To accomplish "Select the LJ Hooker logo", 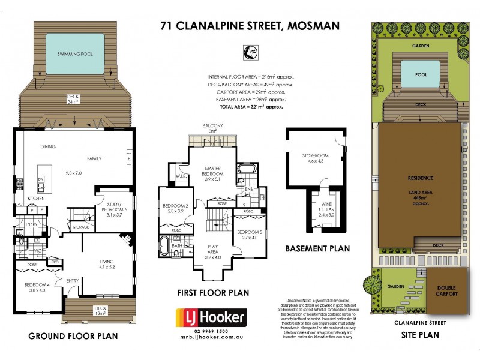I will [x=209, y=317].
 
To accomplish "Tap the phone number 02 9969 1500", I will [x=209, y=332].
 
